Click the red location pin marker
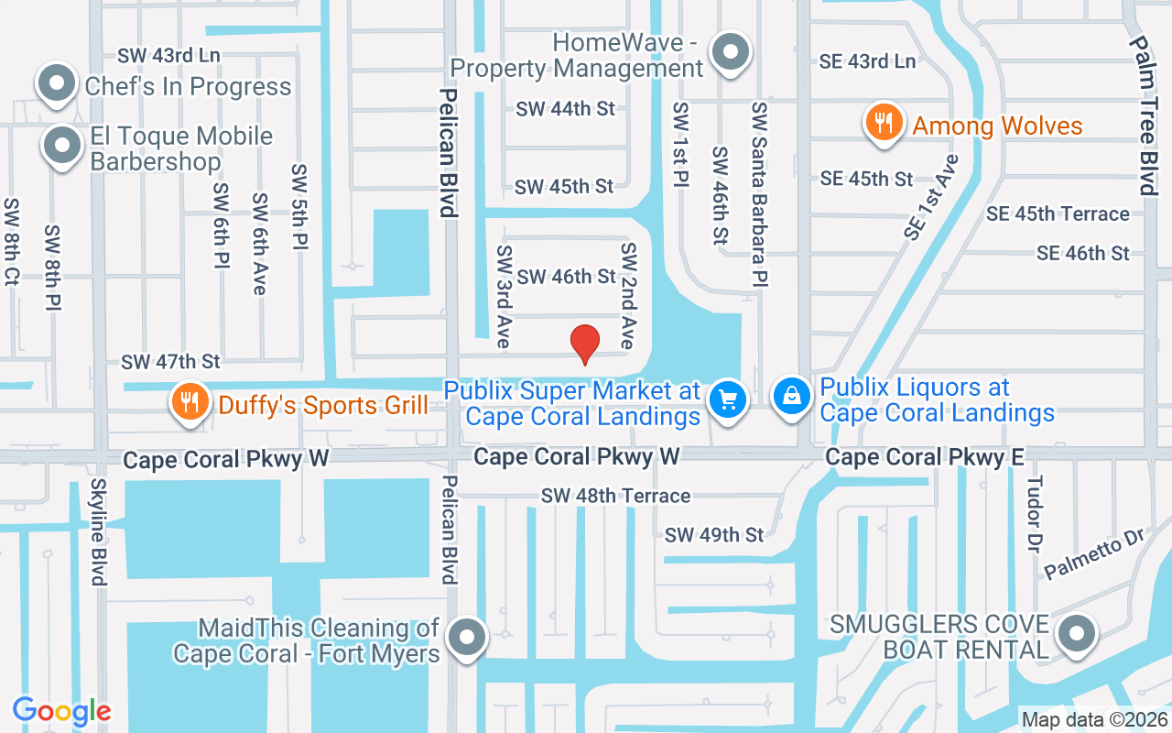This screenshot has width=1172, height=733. tap(584, 344)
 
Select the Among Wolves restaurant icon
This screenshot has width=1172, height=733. tap(884, 124)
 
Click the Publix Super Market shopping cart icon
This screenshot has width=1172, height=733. tap(729, 399)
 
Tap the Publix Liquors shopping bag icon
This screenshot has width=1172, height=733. tap(792, 396)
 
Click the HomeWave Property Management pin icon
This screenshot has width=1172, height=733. tap(730, 51)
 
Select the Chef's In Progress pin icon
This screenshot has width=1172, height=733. tap(57, 83)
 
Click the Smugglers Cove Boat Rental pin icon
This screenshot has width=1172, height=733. tap(1076, 633)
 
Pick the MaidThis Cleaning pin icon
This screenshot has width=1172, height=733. tap(468, 634)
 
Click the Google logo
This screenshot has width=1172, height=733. tap(61, 711)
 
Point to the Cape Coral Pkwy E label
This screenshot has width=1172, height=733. tap(924, 456)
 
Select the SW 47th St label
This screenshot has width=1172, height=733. tap(171, 363)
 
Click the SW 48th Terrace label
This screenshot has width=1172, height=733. tap(615, 496)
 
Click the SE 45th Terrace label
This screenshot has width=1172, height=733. tap(1058, 213)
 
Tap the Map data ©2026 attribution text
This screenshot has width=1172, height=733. tap(1093, 719)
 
